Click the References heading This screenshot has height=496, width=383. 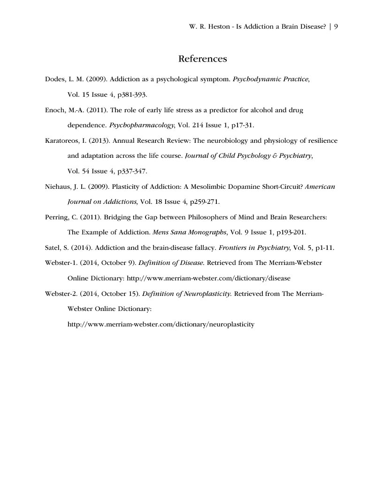tap(202, 59)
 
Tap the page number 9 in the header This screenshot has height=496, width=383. tap(336, 27)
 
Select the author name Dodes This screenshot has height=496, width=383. tap(55, 79)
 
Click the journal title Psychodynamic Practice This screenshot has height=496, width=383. tap(271, 79)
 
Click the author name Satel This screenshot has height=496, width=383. tap(53, 248)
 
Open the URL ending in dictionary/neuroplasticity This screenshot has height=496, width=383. tap(161, 324)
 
